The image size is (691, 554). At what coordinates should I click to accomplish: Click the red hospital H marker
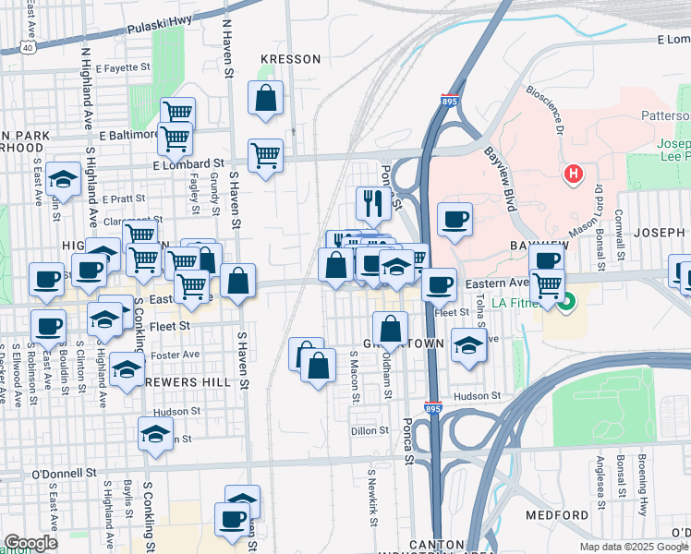[574, 173]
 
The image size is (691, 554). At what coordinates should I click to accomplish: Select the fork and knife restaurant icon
[370, 202]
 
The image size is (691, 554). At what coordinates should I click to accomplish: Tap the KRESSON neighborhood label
[290, 59]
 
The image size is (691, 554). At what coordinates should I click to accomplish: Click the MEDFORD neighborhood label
[556, 514]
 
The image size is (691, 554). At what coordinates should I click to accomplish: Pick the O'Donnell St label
[65, 473]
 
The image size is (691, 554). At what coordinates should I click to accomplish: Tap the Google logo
[30, 543]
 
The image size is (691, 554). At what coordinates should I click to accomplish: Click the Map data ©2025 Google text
[634, 547]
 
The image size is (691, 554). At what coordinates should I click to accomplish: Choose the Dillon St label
[371, 430]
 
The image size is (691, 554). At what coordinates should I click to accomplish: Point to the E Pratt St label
[125, 199]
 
